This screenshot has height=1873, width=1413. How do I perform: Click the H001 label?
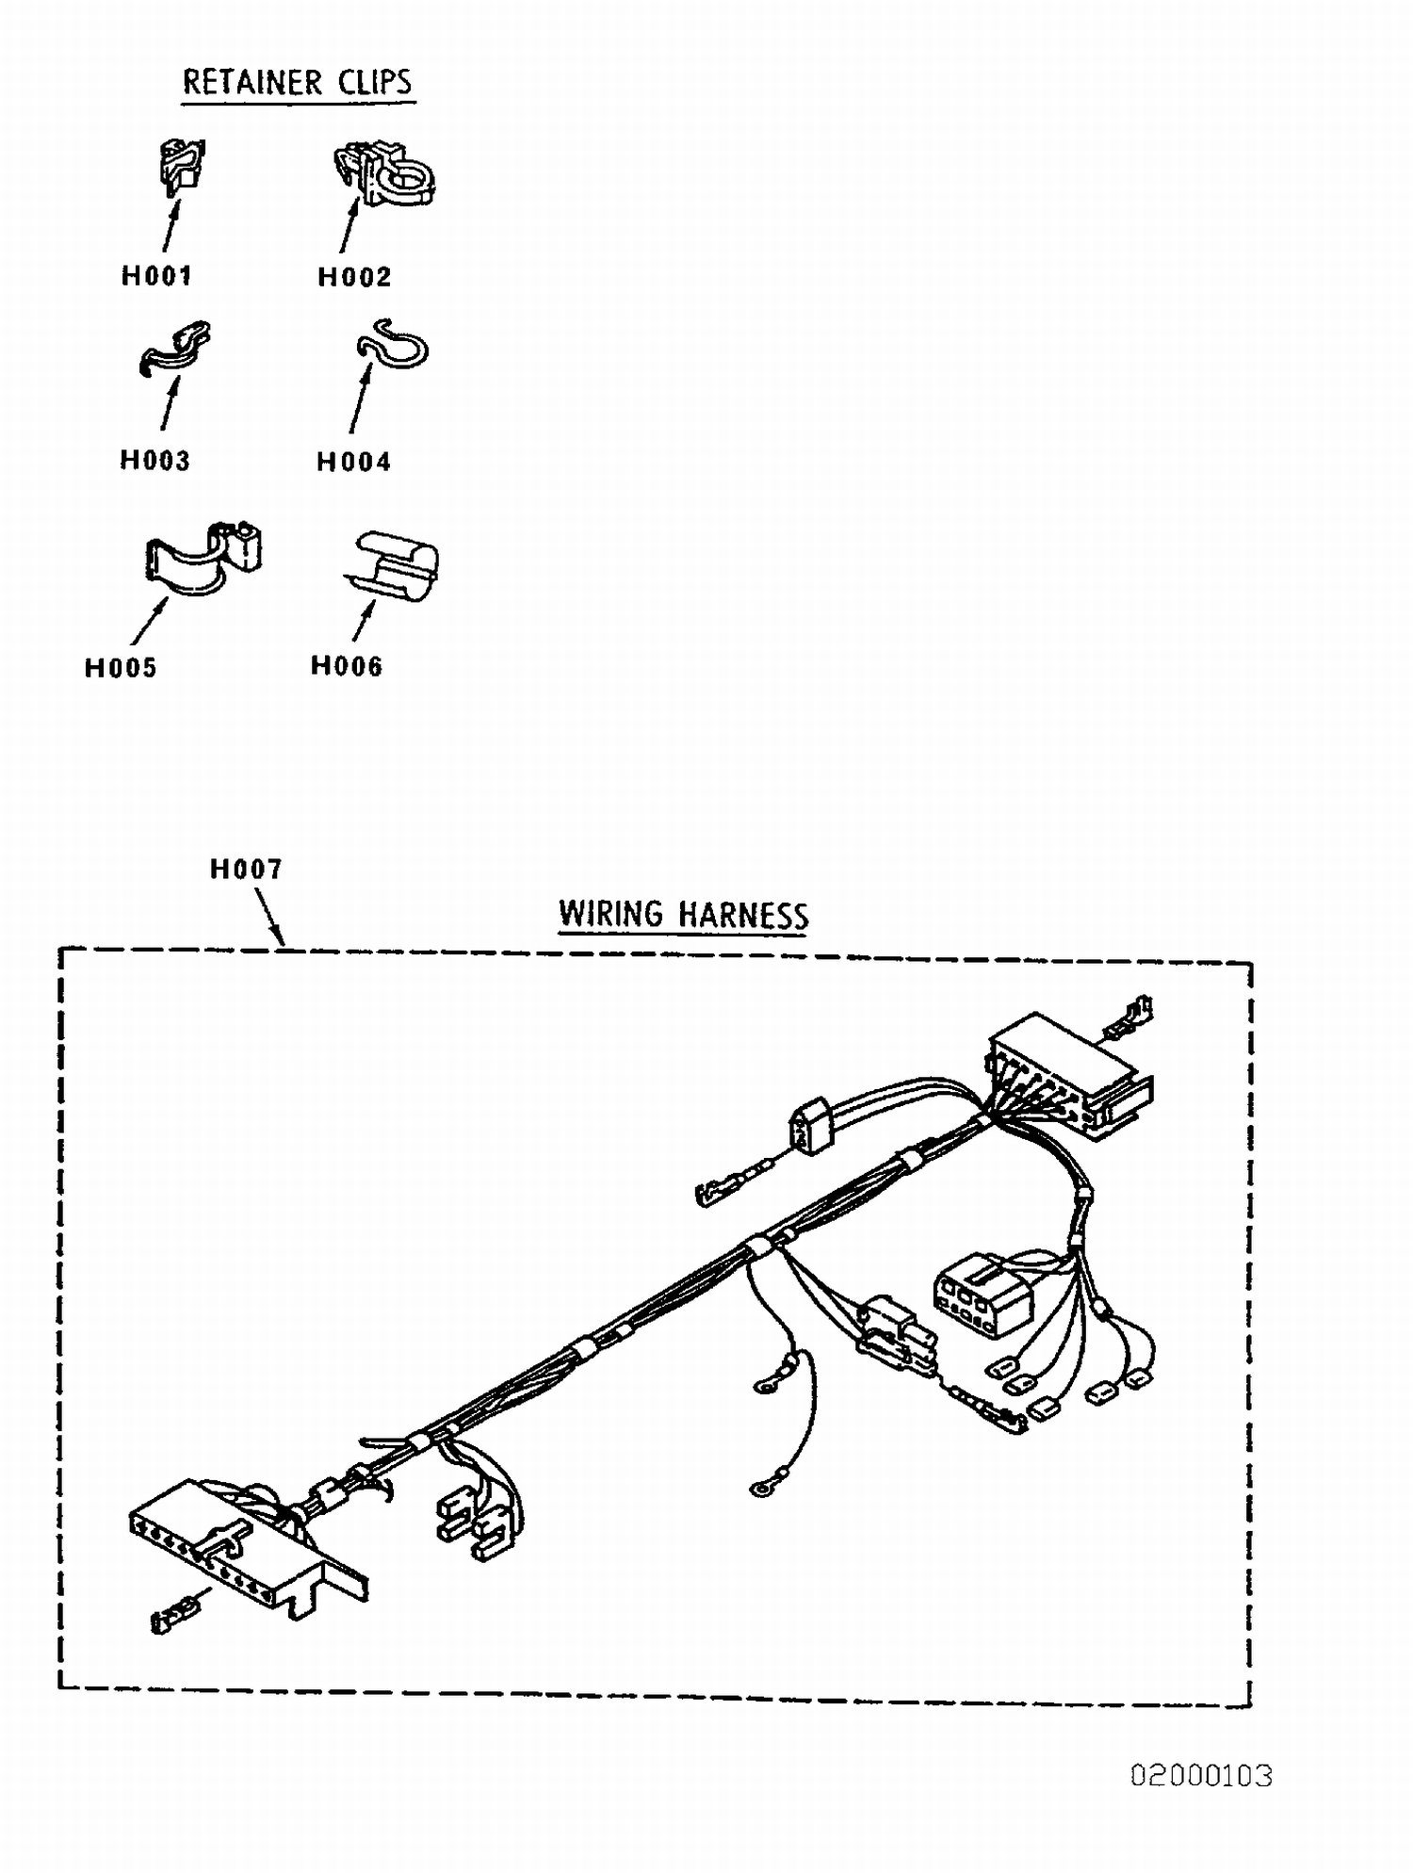point(156,276)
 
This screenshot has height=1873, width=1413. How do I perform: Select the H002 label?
point(354,277)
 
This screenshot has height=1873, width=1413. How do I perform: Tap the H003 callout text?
point(155,461)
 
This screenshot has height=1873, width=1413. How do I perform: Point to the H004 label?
point(353,462)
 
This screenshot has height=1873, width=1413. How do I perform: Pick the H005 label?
point(121,668)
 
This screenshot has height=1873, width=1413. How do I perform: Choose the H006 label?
point(347,666)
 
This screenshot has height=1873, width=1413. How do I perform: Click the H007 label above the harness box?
point(246,869)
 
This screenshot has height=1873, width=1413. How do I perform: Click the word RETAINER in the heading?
point(252,83)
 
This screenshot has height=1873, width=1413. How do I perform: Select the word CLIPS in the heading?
point(375,83)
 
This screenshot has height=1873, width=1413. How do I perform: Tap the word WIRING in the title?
point(611,914)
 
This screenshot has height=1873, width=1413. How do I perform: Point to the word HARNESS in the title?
point(743,916)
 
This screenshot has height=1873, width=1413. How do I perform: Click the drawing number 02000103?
point(1201,1776)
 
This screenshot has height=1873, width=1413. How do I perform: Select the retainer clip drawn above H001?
point(182,167)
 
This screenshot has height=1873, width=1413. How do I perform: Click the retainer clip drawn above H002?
point(383,173)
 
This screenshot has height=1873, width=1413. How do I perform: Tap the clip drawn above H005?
point(203,559)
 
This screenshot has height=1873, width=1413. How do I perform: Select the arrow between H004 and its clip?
point(361,399)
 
